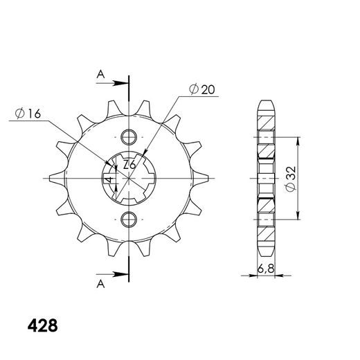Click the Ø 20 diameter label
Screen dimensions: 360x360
tap(201, 89)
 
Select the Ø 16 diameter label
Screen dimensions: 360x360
tap(28, 114)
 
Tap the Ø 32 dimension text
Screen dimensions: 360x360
tap(291, 179)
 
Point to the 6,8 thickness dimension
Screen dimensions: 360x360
tap(266, 269)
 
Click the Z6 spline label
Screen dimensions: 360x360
tap(129, 165)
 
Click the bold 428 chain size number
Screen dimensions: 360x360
tap(42, 325)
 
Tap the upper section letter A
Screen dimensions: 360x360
tap(100, 75)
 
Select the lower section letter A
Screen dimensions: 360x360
tap(100, 284)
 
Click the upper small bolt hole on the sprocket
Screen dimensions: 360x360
tap(129, 137)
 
